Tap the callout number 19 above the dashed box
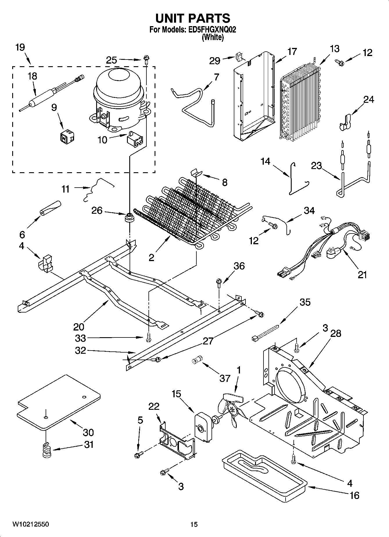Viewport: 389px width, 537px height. click(20, 47)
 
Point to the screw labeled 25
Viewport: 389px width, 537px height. click(146, 60)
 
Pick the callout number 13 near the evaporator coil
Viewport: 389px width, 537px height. click(335, 49)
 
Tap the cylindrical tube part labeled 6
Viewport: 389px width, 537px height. click(51, 208)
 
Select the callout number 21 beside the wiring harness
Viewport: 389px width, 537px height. click(362, 274)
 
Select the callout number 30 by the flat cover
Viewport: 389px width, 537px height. click(88, 432)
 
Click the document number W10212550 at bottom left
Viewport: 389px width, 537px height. click(31, 524)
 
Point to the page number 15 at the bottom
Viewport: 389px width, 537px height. click(194, 524)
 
